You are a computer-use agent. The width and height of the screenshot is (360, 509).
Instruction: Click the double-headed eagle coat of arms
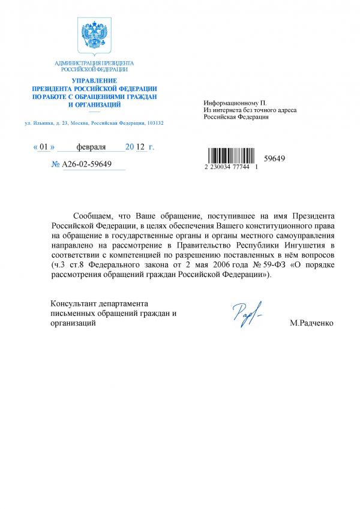point(94,35)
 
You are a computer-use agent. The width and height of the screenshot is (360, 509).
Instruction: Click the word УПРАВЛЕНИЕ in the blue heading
point(94,80)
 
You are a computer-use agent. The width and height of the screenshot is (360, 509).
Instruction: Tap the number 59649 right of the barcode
point(274,158)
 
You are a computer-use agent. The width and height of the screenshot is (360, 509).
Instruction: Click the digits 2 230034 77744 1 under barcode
point(231,170)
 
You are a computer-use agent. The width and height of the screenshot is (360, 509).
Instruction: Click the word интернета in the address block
point(227,110)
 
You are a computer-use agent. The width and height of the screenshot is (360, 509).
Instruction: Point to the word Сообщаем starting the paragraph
point(91,215)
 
